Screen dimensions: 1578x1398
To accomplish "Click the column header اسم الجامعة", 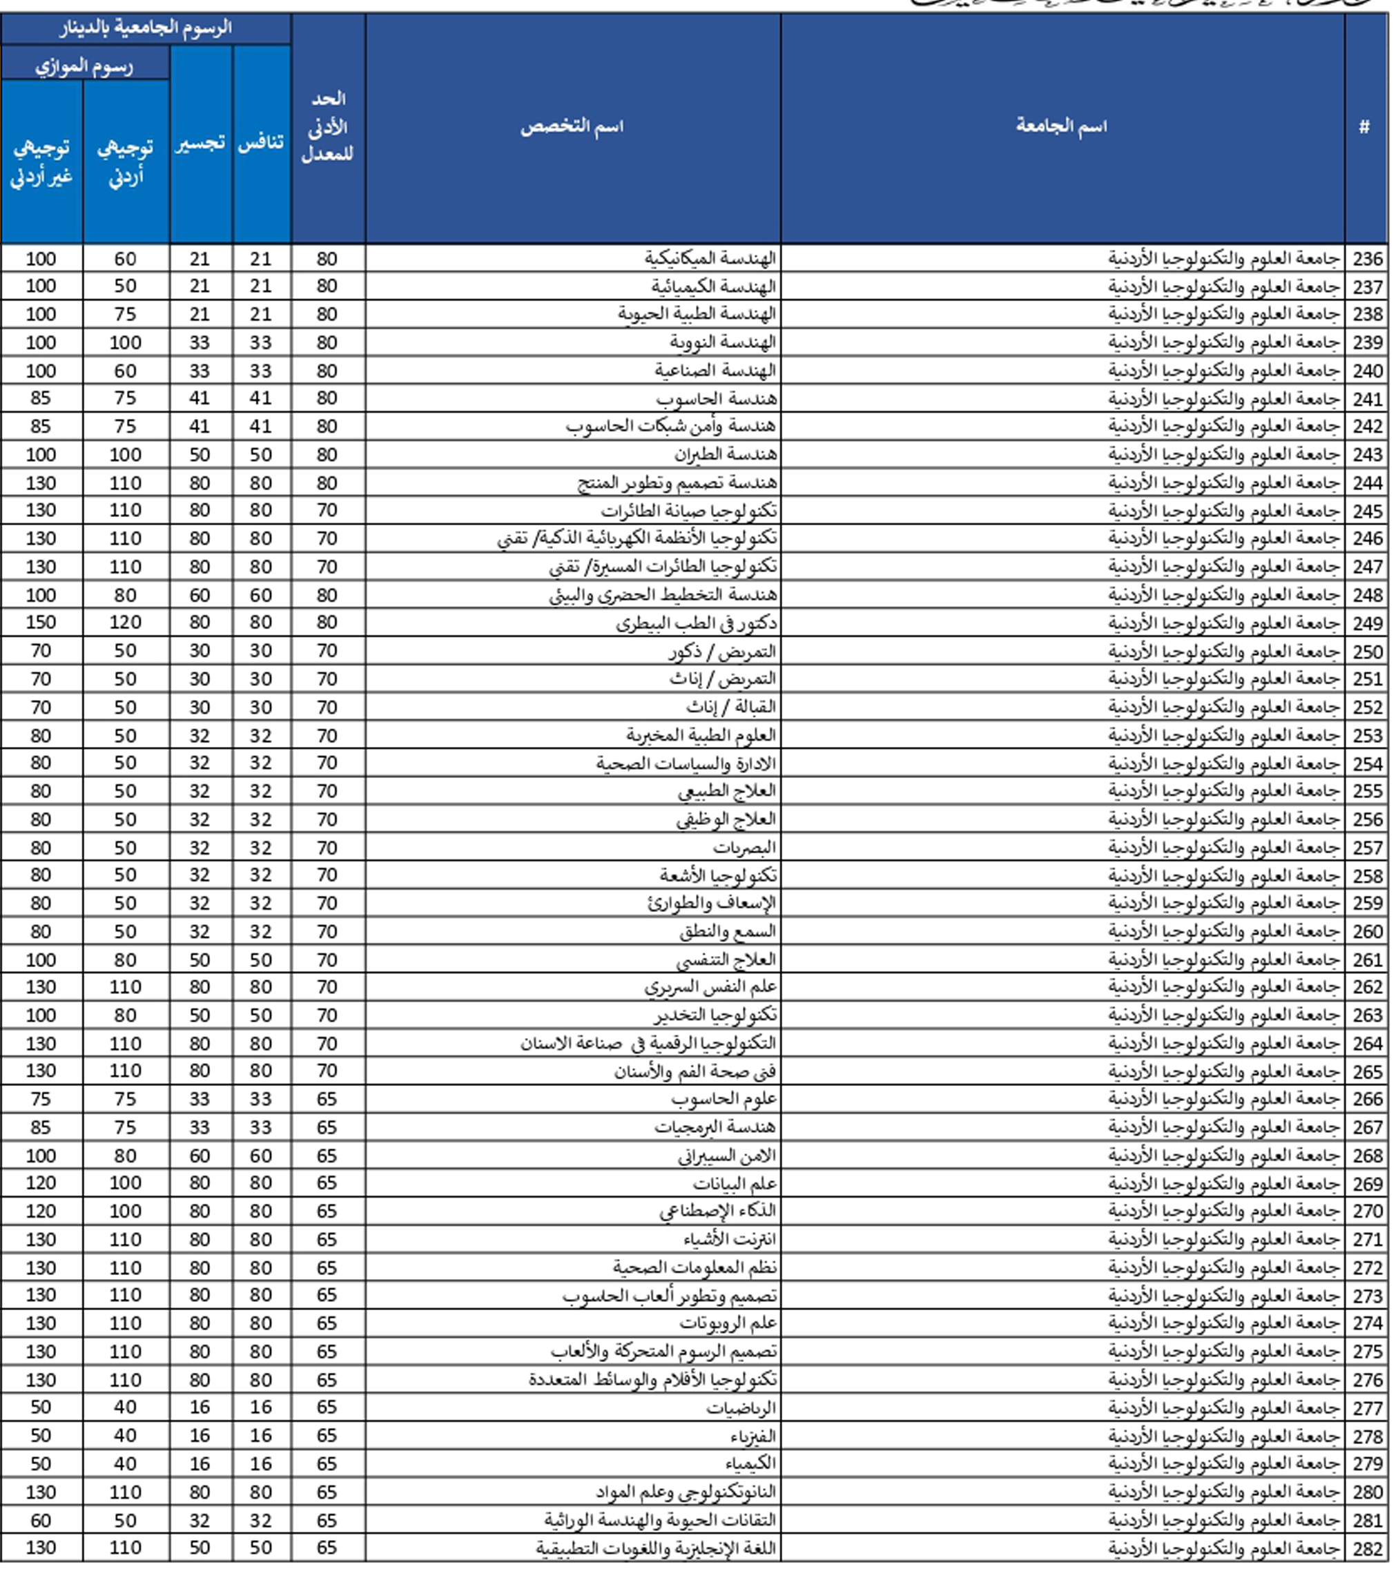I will (x=1060, y=126).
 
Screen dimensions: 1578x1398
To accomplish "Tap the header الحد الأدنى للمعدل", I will (x=327, y=126).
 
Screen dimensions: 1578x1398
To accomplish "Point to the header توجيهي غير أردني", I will (x=41, y=162).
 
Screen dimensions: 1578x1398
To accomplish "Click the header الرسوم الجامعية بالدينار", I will (x=145, y=28).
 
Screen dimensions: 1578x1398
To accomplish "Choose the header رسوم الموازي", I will (x=84, y=66).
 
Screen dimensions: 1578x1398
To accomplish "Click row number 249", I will (x=1366, y=623).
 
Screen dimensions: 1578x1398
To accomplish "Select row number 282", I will (x=1366, y=1549).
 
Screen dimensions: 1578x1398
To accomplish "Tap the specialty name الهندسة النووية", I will (x=723, y=342).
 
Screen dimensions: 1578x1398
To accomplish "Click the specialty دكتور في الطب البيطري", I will (x=697, y=623).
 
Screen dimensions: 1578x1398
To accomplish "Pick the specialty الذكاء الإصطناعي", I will (x=718, y=1211).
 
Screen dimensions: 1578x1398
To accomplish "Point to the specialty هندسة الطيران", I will (x=725, y=455).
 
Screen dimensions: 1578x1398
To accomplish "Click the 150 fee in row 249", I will (x=41, y=623).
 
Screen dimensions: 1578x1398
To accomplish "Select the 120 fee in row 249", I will (x=125, y=623).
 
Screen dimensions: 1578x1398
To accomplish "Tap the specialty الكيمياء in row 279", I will (x=750, y=1463).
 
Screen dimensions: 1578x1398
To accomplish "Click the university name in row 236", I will (x=1223, y=259).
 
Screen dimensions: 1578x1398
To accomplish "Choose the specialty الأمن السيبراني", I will (x=726, y=1156).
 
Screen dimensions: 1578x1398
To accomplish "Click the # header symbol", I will (x=1364, y=126).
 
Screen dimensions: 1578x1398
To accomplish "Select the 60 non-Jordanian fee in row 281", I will (x=41, y=1520).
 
